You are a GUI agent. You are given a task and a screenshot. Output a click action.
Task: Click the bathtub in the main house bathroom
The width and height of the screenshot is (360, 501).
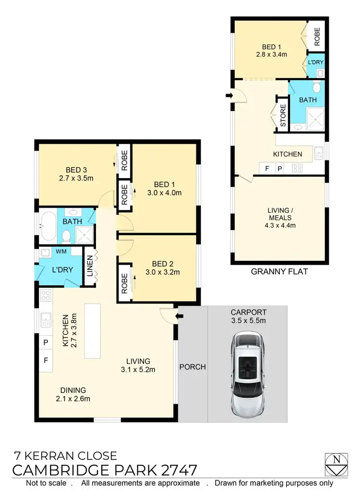[x=48, y=226]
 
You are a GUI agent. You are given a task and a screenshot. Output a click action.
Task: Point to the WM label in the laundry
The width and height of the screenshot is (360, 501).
[x=61, y=252]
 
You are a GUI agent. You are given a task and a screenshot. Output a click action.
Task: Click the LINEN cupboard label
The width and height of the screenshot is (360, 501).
[x=90, y=266]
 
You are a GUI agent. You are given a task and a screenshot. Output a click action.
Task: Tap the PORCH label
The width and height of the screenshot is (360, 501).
[x=192, y=367]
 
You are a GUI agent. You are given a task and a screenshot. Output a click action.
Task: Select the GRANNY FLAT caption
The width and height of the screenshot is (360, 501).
[x=279, y=272]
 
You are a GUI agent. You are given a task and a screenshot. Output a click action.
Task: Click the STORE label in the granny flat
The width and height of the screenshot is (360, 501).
[x=283, y=116]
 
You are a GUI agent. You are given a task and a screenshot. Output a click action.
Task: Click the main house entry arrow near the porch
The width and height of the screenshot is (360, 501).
[x=180, y=316]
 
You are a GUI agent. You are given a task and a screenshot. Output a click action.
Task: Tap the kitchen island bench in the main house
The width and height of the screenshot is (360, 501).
[x=93, y=330]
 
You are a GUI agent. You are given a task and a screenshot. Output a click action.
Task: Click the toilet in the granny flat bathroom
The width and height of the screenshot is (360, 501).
[x=316, y=87]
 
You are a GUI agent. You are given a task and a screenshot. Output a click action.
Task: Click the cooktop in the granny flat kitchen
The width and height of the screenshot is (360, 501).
[x=297, y=169]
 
